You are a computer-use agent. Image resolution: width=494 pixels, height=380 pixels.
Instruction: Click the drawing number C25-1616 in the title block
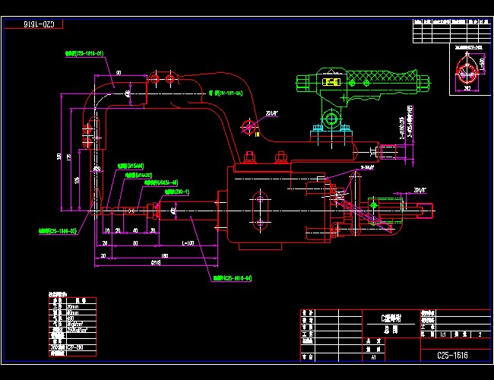pos(452,354)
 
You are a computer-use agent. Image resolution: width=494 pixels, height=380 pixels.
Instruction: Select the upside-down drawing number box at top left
pos(34,24)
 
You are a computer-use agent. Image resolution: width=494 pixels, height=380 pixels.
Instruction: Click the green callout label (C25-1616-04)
pos(232,278)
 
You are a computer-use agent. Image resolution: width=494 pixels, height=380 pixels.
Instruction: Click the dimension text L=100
pos(187,243)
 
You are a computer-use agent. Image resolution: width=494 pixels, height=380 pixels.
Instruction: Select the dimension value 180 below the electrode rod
pos(164,255)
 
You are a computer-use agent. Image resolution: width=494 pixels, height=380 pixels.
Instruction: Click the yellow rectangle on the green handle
pos(331,81)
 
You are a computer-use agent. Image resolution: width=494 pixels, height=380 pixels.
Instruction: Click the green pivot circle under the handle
pos(331,118)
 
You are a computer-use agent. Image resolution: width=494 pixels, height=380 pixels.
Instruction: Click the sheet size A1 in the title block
pos(373,355)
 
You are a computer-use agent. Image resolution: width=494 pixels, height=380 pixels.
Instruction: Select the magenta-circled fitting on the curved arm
pos(248,125)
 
